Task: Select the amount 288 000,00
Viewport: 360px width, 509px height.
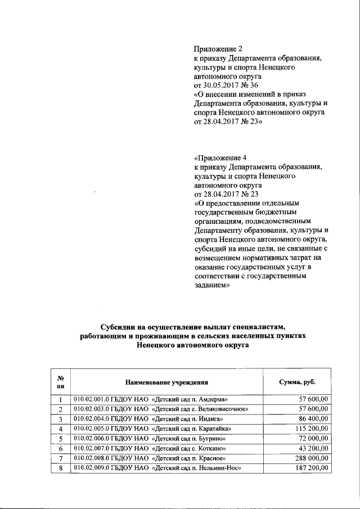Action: click(x=309, y=459)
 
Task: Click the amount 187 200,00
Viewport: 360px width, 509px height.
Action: click(x=309, y=469)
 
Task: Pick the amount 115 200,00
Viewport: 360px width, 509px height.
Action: click(x=309, y=429)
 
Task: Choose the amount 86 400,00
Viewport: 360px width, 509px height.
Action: click(x=311, y=418)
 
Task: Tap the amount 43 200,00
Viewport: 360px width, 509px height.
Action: click(x=311, y=449)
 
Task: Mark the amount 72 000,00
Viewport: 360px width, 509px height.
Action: click(x=311, y=439)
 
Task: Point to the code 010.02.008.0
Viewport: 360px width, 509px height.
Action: click(x=92, y=459)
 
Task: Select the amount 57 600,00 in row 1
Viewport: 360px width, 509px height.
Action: click(x=311, y=399)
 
